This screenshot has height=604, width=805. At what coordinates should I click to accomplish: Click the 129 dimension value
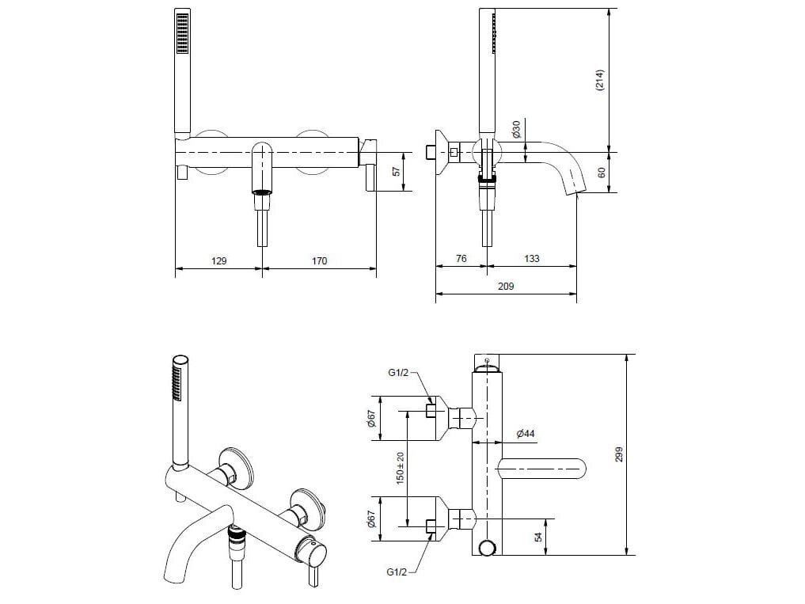(219, 260)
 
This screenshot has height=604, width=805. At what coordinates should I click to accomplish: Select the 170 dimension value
(318, 260)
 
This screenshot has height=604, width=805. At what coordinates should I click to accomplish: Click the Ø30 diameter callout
(516, 128)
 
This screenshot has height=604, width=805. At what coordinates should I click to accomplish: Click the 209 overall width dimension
(506, 286)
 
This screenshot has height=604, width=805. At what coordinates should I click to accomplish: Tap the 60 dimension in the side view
(600, 171)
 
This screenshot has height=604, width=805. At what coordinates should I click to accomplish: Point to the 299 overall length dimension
(620, 454)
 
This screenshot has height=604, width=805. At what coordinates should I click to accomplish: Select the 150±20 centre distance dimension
(401, 467)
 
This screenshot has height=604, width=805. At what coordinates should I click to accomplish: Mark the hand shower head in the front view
(183, 33)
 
